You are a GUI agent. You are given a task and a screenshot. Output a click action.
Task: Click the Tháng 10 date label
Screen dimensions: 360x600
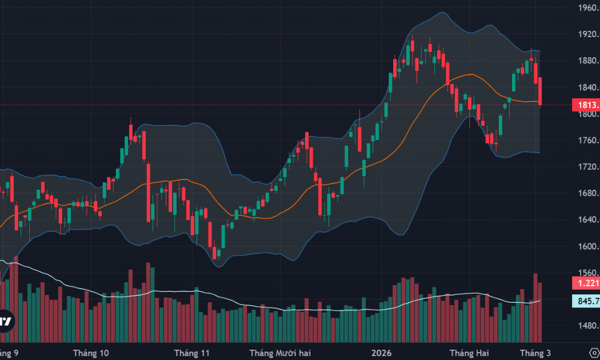(93, 353)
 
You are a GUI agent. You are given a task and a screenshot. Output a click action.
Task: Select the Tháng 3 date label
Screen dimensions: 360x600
(535, 353)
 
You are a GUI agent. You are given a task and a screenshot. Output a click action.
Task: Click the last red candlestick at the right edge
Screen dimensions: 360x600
(541, 91)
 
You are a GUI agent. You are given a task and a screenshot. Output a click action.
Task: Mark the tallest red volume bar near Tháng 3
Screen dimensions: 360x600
(535, 307)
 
